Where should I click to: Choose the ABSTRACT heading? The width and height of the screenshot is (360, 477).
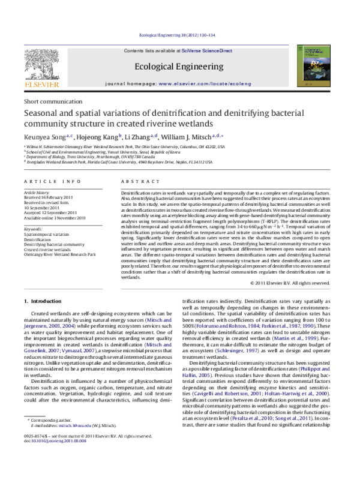(135, 181)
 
